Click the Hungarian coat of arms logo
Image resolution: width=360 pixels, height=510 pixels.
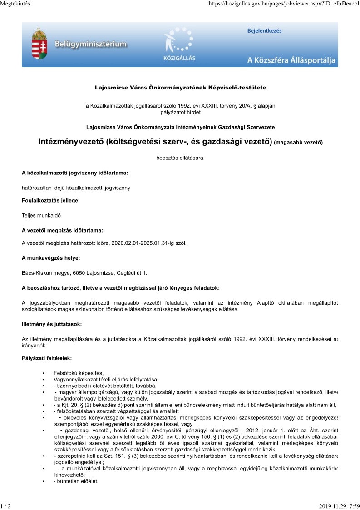point(39,44)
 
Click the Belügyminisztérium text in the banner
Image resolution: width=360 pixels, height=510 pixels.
point(91,45)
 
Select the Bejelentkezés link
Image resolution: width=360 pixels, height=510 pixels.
point(264,31)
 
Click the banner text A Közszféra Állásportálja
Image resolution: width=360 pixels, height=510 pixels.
point(291,60)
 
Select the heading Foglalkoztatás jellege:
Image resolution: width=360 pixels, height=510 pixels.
point(51,200)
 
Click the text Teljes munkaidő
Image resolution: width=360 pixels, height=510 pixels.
point(41,215)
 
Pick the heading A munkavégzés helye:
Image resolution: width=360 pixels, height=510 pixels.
point(51,258)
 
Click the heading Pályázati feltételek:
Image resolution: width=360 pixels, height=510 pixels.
point(47,358)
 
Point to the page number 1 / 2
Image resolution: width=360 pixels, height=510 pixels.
point(5,505)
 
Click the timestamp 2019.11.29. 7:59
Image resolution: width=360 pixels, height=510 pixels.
point(339,505)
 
